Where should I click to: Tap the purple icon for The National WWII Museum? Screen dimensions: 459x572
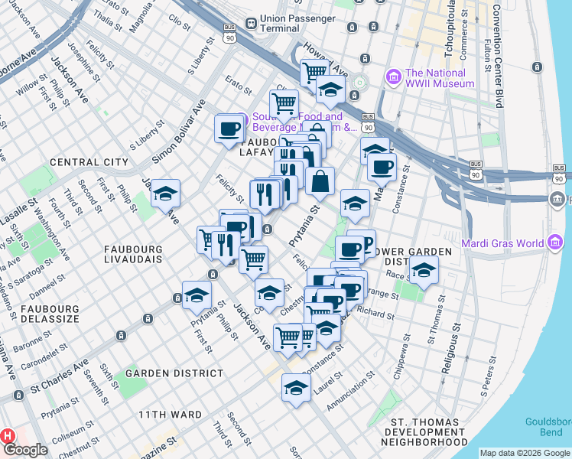[394, 76]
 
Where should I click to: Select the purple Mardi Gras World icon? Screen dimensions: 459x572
[556, 244]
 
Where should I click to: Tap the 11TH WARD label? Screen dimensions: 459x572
[170, 415]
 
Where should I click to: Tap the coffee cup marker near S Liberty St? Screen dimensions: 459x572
[229, 128]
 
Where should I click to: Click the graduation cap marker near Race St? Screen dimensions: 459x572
[423, 269]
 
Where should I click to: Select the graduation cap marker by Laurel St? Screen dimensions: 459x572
[296, 387]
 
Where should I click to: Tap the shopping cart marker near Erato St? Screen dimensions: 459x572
[284, 103]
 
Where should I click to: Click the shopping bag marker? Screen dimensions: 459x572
[320, 181]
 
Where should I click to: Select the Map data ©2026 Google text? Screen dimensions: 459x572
[525, 452]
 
